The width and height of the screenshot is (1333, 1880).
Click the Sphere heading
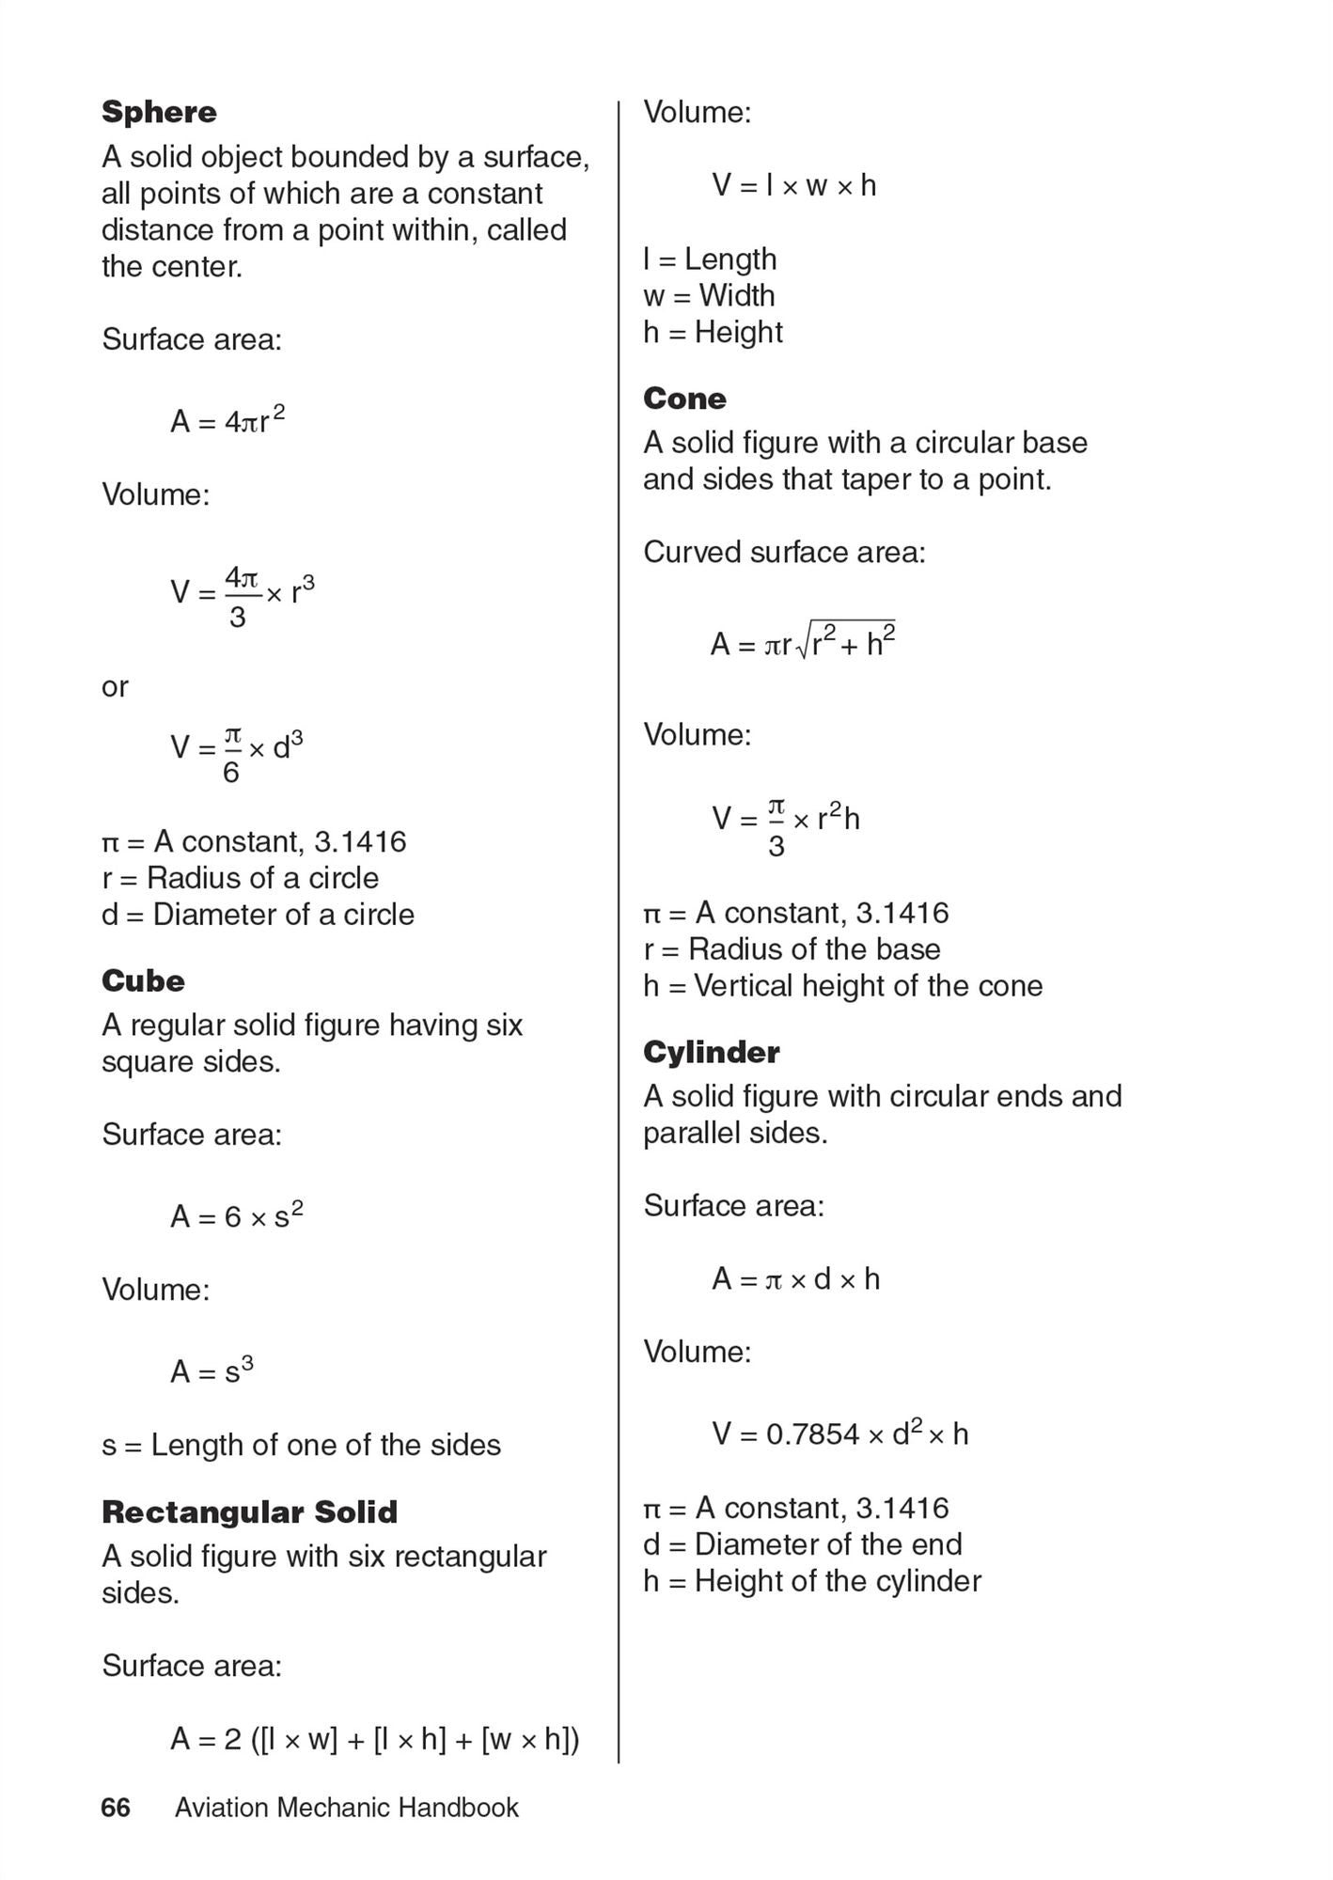click(x=159, y=112)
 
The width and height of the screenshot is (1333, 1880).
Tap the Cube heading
click(x=143, y=980)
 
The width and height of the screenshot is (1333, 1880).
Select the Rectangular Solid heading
click(x=249, y=1512)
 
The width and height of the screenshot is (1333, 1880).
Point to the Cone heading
click(x=684, y=399)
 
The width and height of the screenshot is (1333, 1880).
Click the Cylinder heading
click(x=711, y=1052)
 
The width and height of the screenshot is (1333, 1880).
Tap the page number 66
click(x=116, y=1808)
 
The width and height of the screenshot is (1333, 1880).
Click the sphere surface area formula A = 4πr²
click(x=227, y=420)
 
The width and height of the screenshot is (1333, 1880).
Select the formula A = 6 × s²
click(x=236, y=1215)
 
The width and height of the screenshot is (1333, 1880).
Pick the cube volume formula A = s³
click(x=212, y=1371)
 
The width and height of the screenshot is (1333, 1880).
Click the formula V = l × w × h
click(x=793, y=185)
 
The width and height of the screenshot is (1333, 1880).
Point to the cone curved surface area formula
click(x=802, y=643)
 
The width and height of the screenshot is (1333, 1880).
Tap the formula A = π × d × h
click(x=795, y=1278)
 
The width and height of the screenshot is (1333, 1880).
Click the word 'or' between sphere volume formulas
click(x=115, y=687)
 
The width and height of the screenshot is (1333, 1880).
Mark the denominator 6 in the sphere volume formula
click(x=231, y=773)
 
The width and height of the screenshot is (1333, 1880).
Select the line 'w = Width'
click(x=709, y=295)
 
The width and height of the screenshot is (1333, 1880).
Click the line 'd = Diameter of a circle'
click(x=258, y=914)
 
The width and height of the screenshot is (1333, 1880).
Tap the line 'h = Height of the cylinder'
click(x=811, y=1581)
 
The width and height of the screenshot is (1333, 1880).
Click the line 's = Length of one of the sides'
click(x=301, y=1445)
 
